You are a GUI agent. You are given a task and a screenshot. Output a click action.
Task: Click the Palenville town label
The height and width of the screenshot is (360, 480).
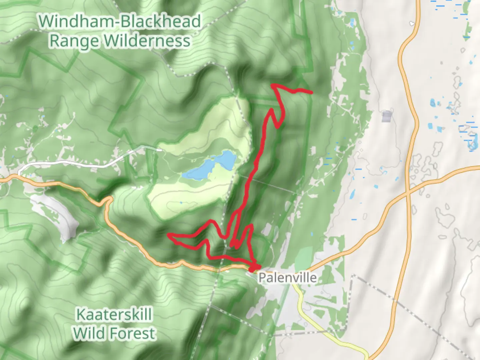pyautogui.click(x=287, y=277)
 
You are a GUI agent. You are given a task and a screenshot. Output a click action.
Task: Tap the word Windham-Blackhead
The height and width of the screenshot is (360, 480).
pyautogui.click(x=119, y=21)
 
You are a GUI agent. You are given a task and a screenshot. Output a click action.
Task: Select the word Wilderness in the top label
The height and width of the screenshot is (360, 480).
pyautogui.click(x=147, y=41)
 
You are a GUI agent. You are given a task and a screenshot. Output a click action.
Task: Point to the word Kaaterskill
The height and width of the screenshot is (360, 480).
pyautogui.click(x=114, y=314)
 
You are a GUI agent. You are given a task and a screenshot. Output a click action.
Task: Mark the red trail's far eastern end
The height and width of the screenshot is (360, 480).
pyautogui.click(x=311, y=92)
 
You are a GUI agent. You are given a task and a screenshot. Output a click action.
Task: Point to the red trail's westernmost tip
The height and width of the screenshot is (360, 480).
pyautogui.click(x=168, y=236)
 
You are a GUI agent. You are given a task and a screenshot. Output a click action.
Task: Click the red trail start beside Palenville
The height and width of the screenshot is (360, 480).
pyautogui.click(x=254, y=267)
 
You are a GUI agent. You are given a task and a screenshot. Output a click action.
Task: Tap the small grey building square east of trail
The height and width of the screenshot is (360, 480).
pyautogui.click(x=387, y=117)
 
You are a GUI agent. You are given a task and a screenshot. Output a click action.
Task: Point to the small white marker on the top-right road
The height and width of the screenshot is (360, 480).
pyautogui.click(x=412, y=24)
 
